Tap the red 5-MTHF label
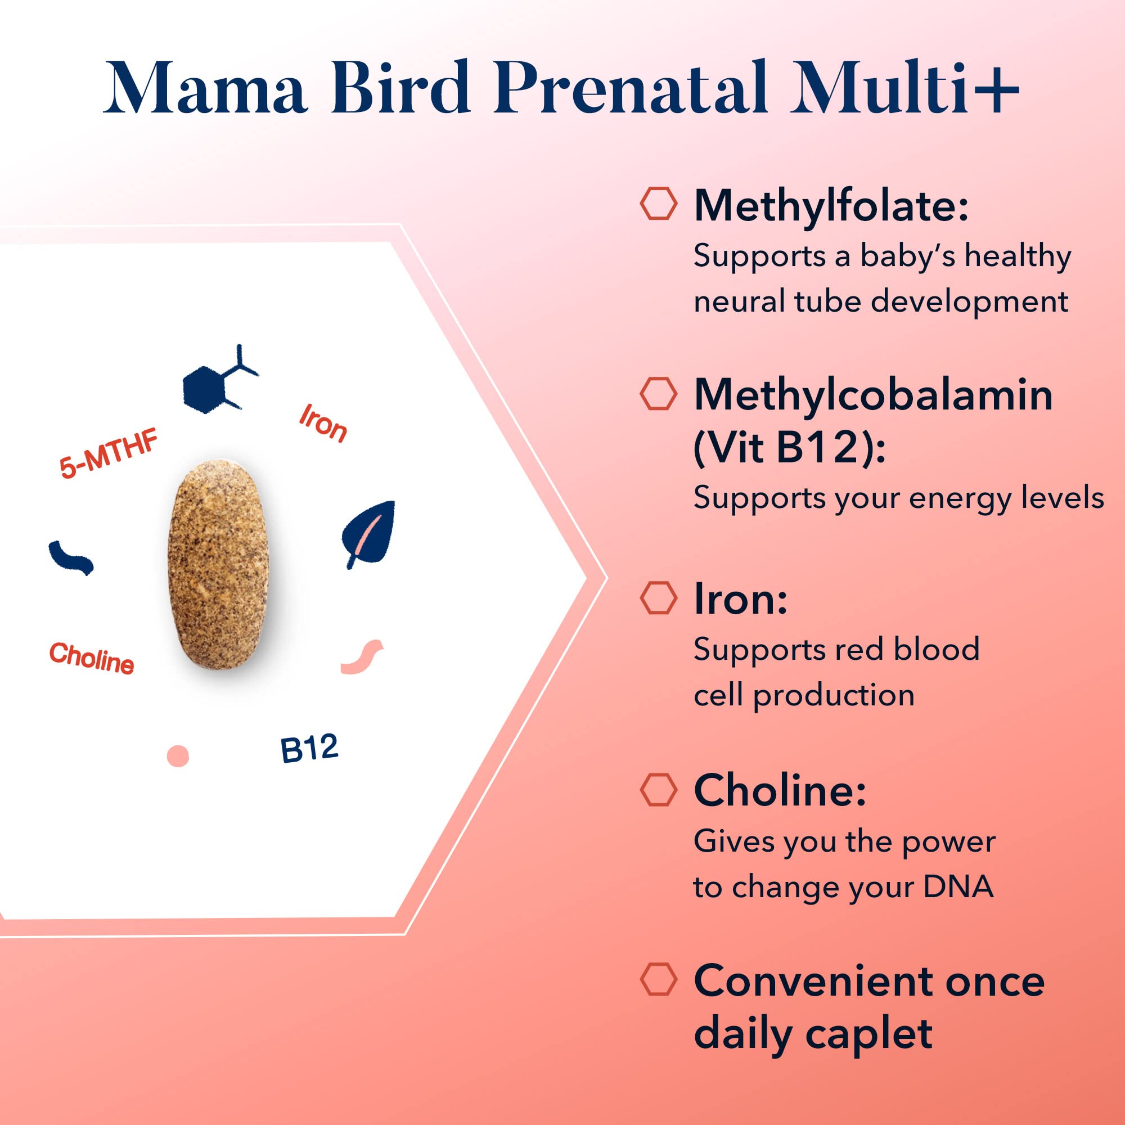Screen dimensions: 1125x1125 click(x=109, y=453)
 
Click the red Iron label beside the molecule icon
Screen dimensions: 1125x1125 click(x=322, y=424)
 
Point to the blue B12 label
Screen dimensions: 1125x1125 click(x=309, y=749)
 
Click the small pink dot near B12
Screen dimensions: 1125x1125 click(x=178, y=756)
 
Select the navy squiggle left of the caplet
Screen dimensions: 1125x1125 click(x=70, y=558)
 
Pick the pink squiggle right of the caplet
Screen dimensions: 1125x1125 click(x=362, y=657)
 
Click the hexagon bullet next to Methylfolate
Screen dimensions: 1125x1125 click(x=658, y=204)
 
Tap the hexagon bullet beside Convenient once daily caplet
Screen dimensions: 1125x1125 click(x=658, y=979)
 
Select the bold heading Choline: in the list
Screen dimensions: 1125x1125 click(x=780, y=790)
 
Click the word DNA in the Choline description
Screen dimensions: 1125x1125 click(x=958, y=887)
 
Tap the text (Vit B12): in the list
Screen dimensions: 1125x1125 click(x=789, y=447)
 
